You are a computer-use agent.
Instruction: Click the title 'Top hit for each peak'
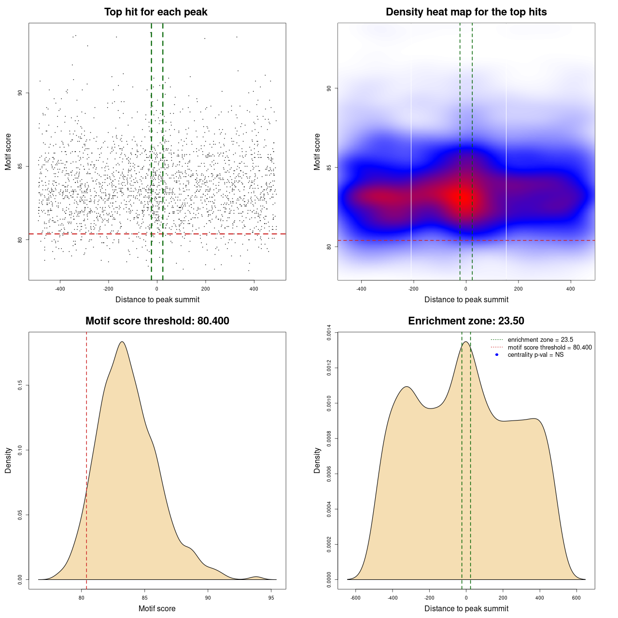tap(155, 12)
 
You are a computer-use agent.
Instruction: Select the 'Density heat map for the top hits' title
tap(466, 12)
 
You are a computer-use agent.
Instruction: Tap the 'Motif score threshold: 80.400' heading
tap(157, 321)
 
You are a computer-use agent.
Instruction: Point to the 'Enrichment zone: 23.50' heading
tap(466, 321)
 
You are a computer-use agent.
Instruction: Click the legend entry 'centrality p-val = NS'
tap(535, 355)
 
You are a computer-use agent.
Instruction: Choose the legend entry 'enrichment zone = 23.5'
tap(540, 340)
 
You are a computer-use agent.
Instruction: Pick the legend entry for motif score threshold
tap(549, 348)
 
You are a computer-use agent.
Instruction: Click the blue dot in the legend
tap(497, 355)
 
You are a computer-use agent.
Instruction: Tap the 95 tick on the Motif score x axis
tap(271, 598)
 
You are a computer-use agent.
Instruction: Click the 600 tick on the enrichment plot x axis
tap(576, 598)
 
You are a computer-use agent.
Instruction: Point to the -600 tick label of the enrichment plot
tap(355, 598)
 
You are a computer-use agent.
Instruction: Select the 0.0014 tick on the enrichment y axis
tap(329, 333)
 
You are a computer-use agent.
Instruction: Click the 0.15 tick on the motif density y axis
tap(20, 385)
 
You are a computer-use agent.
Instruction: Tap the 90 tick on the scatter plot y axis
tap(20, 93)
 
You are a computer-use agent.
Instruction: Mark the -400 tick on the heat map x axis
tap(361, 289)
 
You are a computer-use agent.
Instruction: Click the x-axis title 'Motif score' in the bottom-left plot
tap(157, 608)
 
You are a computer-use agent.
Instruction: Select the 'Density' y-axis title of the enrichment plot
tap(317, 460)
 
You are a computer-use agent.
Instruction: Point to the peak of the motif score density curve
tap(122, 342)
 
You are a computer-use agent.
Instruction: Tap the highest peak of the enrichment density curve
tap(465, 342)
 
